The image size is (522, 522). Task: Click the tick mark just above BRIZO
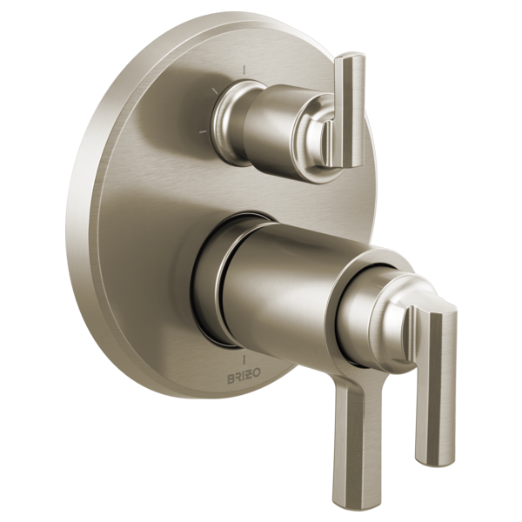tap(244, 360)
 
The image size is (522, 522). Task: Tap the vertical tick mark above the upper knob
tap(244, 70)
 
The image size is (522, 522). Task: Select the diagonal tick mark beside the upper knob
tap(214, 90)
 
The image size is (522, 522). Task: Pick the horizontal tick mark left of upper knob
tap(203, 131)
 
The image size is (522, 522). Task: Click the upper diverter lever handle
tap(350, 110)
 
